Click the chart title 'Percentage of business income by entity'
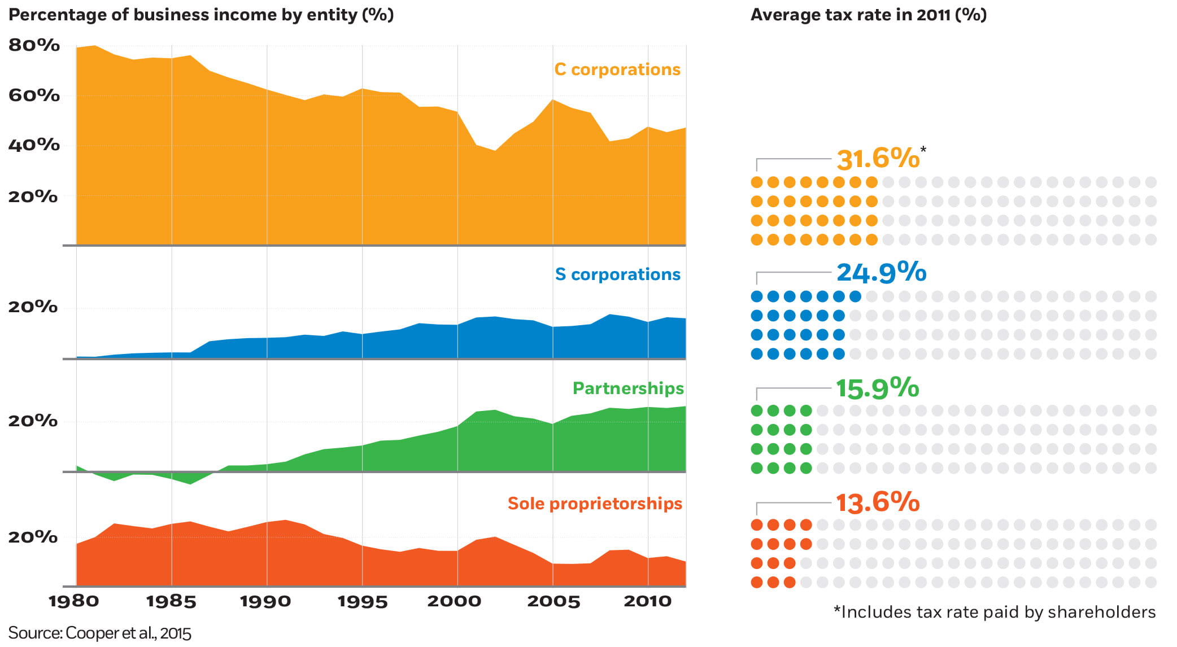click(x=201, y=15)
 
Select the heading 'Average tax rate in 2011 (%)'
click(x=868, y=15)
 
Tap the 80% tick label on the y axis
click(x=34, y=45)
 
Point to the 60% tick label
click(x=34, y=95)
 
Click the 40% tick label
click(x=34, y=145)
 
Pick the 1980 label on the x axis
click(x=74, y=601)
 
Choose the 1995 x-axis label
click(x=363, y=601)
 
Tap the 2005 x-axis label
click(x=553, y=601)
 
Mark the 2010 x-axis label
click(x=648, y=601)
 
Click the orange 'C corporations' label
click(x=617, y=69)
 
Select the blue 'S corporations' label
click(x=617, y=274)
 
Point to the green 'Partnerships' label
click(x=628, y=388)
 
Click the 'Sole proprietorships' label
click(x=595, y=504)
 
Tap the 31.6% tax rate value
click(x=878, y=159)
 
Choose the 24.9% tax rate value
click(x=881, y=273)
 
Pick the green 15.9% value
click(x=877, y=388)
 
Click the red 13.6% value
click(x=877, y=502)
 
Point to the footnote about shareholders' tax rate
click(x=995, y=613)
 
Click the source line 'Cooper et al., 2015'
click(x=100, y=633)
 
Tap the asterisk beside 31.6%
click(x=923, y=150)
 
